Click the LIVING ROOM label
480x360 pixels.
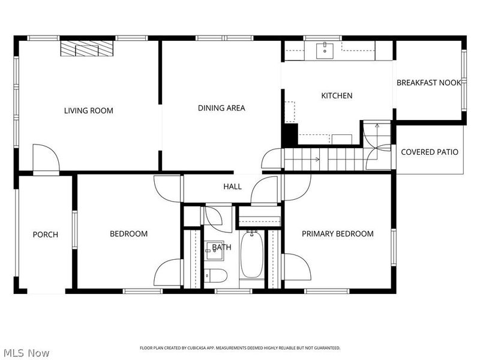[x=89, y=110]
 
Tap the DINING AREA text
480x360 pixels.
[x=221, y=108]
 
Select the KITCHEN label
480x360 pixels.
[x=337, y=95]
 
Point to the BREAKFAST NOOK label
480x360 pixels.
[x=428, y=83]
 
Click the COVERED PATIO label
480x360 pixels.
[x=430, y=152]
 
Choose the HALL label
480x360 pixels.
[x=232, y=187]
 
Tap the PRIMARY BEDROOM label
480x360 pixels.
[x=337, y=234]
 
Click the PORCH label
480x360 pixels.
[x=45, y=234]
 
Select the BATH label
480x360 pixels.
[x=221, y=247]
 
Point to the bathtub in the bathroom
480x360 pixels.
[x=252, y=255]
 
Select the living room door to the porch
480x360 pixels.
[x=46, y=158]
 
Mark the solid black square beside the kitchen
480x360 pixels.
[x=290, y=134]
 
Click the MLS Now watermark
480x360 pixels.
[x=26, y=353]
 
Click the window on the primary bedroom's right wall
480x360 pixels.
[x=394, y=247]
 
